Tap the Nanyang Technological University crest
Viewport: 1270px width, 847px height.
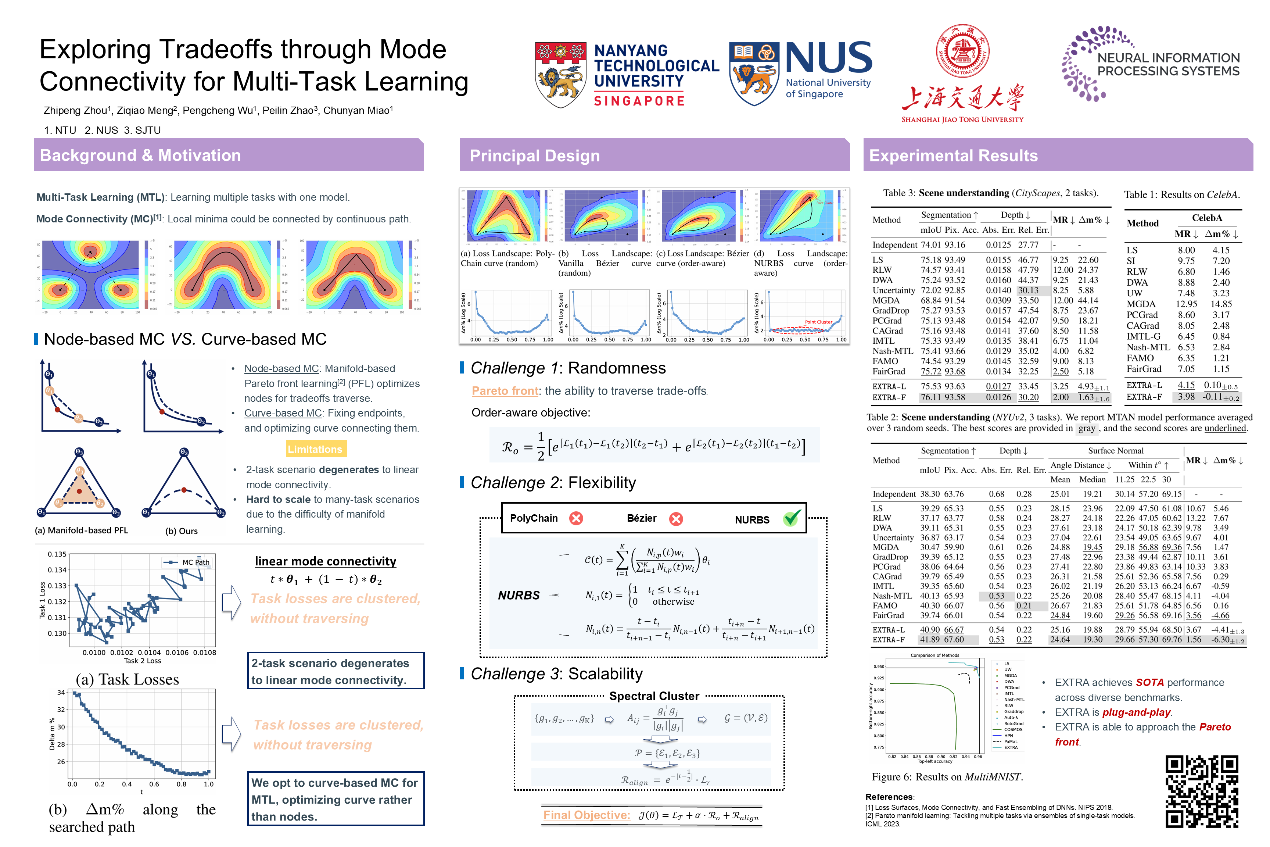560,75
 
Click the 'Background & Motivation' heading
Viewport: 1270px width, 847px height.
140,156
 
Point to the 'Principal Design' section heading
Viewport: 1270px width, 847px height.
535,156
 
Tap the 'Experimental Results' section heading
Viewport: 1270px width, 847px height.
953,156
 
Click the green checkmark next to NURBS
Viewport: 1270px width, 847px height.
792,519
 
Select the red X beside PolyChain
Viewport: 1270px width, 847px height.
576,519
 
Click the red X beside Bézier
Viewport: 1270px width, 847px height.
675,519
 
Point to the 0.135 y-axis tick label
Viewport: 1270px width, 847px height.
57,554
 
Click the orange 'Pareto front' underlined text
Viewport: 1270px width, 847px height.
505,391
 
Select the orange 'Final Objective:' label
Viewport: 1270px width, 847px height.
586,815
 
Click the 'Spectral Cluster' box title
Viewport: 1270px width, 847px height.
654,696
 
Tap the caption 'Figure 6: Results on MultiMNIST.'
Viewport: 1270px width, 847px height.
947,777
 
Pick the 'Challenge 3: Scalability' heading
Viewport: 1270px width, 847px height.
556,674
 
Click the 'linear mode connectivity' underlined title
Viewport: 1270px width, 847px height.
326,561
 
